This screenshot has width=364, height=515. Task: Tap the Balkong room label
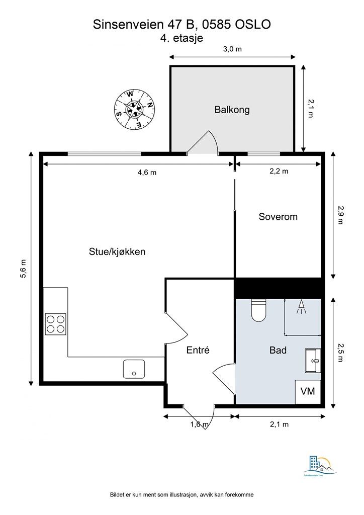[x=232, y=110]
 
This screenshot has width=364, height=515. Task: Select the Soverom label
[x=278, y=217]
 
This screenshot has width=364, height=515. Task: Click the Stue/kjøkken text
[x=117, y=251]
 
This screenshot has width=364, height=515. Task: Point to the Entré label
[x=198, y=351]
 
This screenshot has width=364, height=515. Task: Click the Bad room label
[x=278, y=350]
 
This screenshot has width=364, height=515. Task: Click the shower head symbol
[x=302, y=307]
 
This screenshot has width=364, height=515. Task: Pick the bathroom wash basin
[x=312, y=360]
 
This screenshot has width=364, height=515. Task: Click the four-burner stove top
[x=56, y=324]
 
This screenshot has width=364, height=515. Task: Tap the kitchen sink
[x=134, y=369]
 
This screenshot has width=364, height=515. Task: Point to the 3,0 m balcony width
[x=232, y=49]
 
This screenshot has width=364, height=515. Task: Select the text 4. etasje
[x=181, y=38]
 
